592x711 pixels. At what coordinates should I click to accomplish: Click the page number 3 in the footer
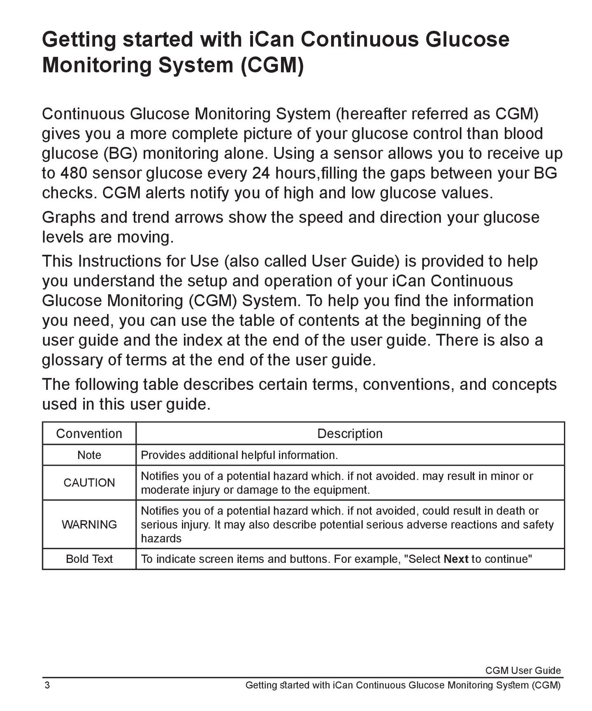pos(47,685)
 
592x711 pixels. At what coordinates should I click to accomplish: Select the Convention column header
pos(89,434)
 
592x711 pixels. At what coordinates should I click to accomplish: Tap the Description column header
pos(350,434)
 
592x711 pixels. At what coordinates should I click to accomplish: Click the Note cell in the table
pos(89,455)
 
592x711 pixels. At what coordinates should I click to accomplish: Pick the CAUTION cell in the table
pos(89,483)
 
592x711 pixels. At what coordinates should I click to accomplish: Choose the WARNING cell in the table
pos(89,524)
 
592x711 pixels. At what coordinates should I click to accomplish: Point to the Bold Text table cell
pos(89,559)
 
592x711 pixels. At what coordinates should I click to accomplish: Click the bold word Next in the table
pos(456,559)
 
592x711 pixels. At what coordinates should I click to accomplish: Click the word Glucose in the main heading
pos(467,40)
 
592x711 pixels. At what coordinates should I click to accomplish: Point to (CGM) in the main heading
pos(272,65)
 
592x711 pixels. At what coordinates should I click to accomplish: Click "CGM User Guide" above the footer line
pos(522,670)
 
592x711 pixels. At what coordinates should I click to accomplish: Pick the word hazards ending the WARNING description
pos(161,538)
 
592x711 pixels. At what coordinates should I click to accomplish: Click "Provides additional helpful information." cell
pos(239,455)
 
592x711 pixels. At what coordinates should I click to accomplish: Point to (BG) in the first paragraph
pos(118,154)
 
